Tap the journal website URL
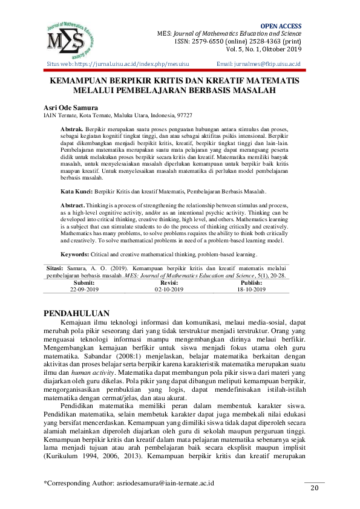(x=129, y=63)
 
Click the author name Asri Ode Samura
(x=71, y=106)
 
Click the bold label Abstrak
(x=72, y=130)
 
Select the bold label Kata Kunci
(x=75, y=191)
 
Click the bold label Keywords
(x=77, y=254)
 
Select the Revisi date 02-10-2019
(x=169, y=290)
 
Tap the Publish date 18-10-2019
(x=251, y=290)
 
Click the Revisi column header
(x=169, y=282)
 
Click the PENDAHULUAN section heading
(x=77, y=313)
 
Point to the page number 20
(x=314, y=488)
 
